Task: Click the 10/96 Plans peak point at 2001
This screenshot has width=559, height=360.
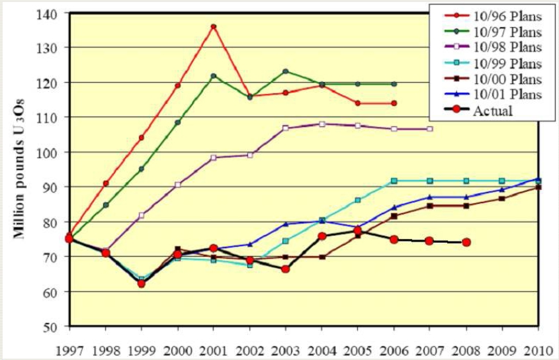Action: [213, 27]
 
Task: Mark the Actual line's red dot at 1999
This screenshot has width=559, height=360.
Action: [142, 283]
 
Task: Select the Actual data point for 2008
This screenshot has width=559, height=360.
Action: [466, 242]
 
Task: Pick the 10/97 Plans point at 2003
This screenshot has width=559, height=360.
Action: [285, 71]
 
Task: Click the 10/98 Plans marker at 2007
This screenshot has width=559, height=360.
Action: [430, 128]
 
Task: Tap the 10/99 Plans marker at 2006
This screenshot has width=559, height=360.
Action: [394, 181]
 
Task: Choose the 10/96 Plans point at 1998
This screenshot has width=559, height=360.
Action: [106, 183]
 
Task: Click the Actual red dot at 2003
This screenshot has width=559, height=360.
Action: [285, 269]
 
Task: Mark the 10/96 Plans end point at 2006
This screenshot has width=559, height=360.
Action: [394, 103]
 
